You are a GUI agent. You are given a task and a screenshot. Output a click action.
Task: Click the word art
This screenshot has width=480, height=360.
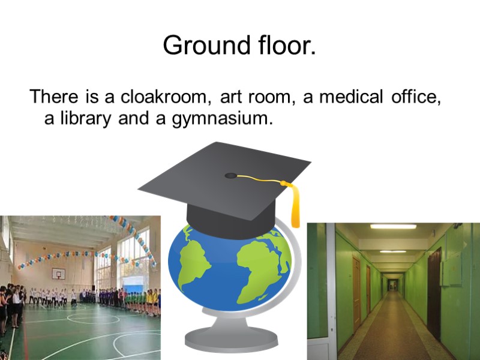click(230, 97)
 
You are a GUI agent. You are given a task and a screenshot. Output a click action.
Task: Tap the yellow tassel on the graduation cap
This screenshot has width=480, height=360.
click(295, 204)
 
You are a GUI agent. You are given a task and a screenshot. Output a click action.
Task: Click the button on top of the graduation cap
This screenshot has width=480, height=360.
click(231, 176)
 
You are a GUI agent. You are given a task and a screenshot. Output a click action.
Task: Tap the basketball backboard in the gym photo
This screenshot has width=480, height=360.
click(58, 274)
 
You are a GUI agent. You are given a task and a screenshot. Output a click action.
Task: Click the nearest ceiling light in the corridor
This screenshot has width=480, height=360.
click(393, 226)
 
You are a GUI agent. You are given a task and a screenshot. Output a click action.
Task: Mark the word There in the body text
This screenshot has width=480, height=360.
click(53, 97)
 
